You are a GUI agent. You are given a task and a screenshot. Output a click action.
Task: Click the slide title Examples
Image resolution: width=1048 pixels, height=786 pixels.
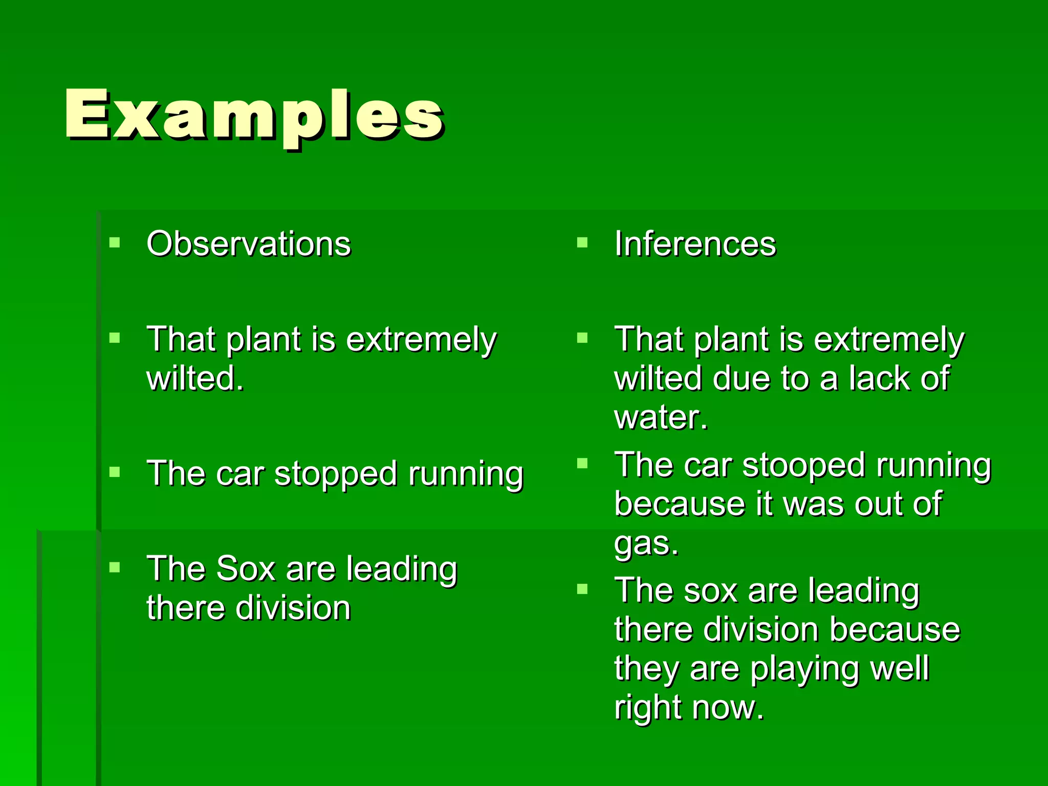click(x=254, y=115)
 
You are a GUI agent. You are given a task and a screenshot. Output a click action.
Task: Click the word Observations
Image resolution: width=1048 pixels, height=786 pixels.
click(x=249, y=244)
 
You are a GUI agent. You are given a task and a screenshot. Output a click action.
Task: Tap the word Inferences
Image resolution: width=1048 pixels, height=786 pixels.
click(x=695, y=244)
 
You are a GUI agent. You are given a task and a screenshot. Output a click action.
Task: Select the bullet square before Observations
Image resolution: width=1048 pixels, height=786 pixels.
click(x=115, y=242)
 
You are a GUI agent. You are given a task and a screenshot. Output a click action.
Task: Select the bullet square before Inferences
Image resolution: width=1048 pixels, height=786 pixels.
click(x=582, y=242)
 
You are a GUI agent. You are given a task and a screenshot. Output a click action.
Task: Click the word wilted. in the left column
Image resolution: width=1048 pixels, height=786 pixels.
click(x=195, y=379)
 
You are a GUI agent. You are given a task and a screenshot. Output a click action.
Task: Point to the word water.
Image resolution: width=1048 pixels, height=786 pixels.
click(x=661, y=418)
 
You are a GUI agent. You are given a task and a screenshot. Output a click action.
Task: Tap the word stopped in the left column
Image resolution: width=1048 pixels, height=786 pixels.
click(x=336, y=474)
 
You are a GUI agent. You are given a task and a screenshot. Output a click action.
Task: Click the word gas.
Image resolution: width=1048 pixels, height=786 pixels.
click(x=646, y=544)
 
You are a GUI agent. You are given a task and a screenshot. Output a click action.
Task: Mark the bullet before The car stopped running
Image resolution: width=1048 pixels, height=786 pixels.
click(x=115, y=472)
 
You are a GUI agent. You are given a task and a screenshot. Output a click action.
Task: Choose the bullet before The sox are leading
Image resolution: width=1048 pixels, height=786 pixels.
click(x=582, y=589)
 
